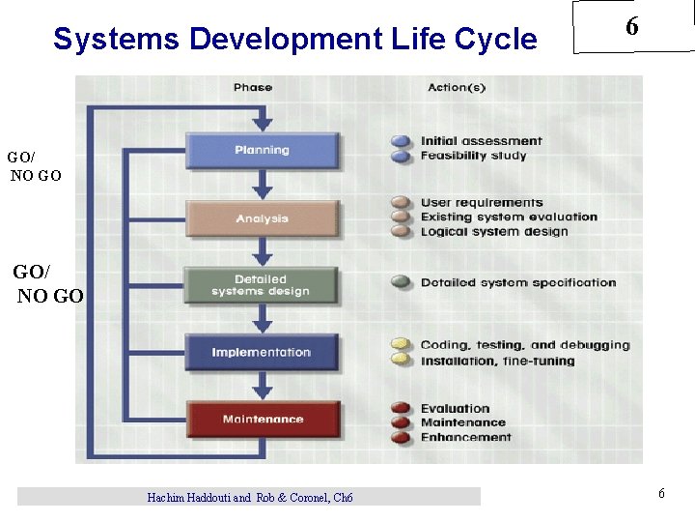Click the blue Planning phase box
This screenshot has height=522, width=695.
(x=262, y=150)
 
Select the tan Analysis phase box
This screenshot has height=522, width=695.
(x=262, y=218)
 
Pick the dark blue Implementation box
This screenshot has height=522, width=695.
(x=262, y=352)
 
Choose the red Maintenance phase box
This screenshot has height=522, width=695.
(x=263, y=420)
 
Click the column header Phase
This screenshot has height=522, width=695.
(x=253, y=88)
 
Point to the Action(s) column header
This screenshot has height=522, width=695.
(x=457, y=88)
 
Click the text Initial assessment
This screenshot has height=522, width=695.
(x=481, y=141)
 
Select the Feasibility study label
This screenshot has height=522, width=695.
(x=473, y=156)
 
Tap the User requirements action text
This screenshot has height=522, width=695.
(x=482, y=203)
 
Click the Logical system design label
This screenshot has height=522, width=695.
(x=494, y=232)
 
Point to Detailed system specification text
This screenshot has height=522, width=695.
(x=517, y=283)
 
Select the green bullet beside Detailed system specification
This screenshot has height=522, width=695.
(x=402, y=283)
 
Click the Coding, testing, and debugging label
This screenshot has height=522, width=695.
(x=524, y=345)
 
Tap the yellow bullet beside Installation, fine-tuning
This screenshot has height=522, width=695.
(x=402, y=360)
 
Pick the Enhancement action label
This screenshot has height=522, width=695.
(x=465, y=437)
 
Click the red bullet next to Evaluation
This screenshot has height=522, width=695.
(x=402, y=409)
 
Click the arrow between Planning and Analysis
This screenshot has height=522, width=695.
(x=262, y=186)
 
